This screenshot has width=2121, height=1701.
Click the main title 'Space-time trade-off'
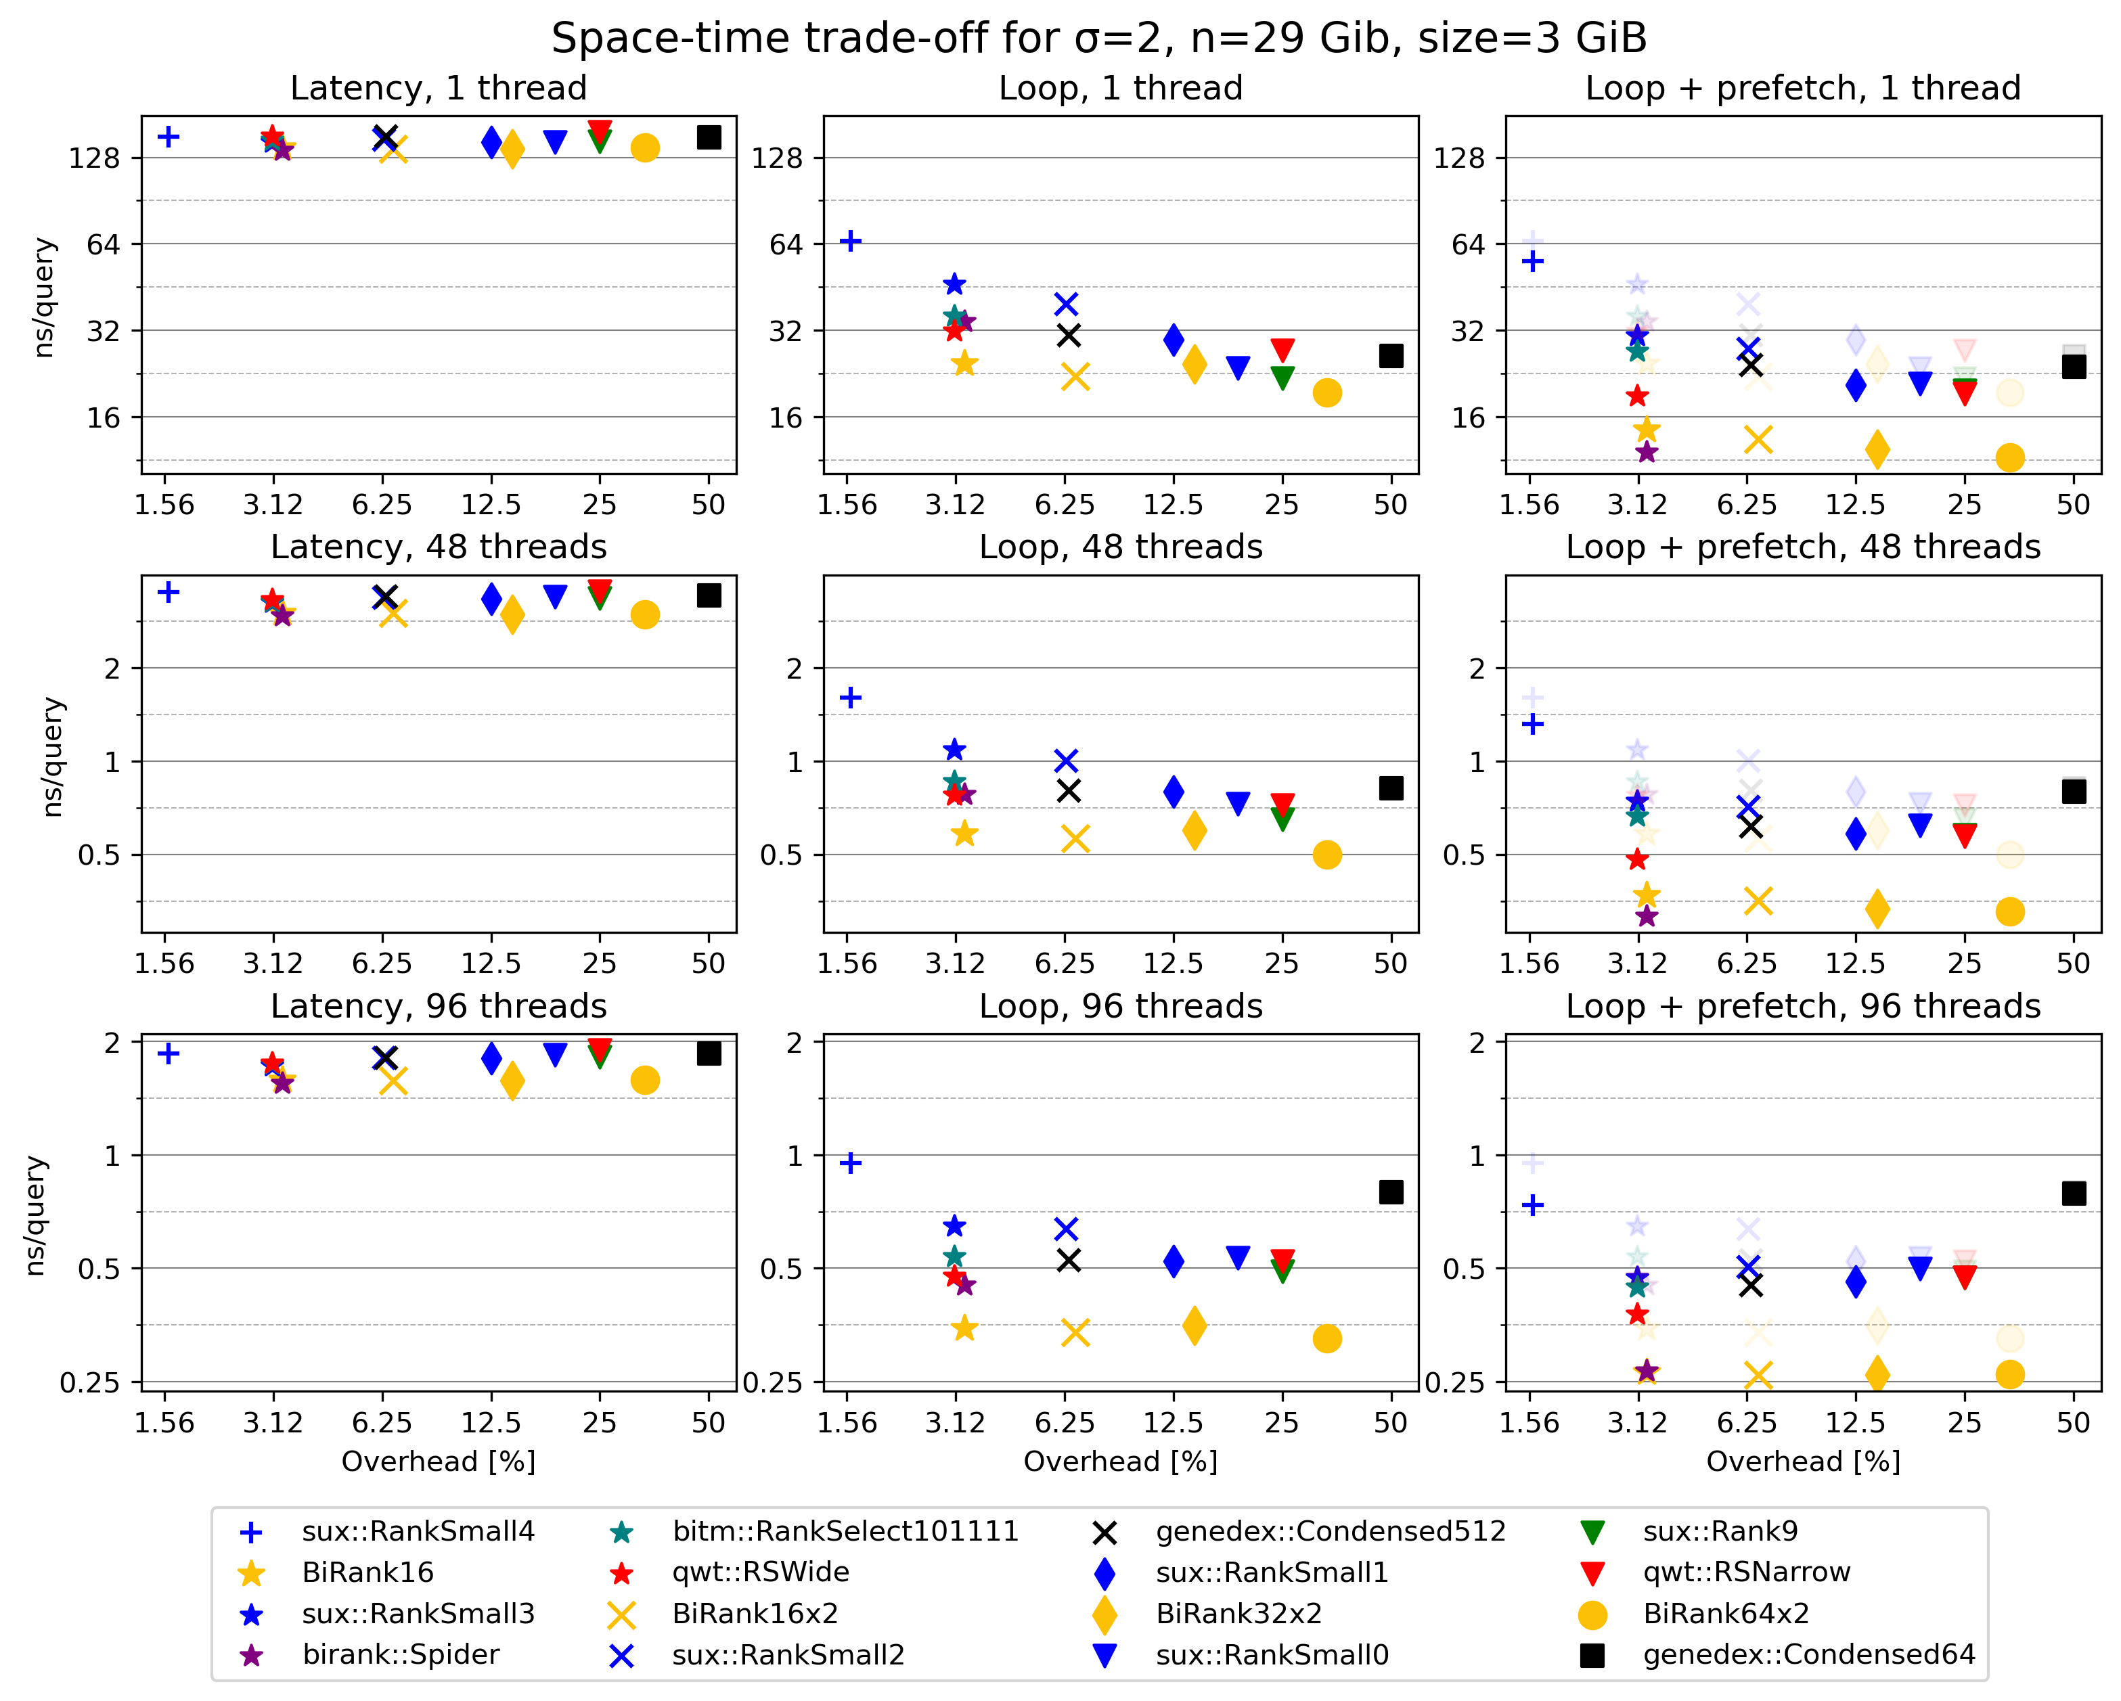click(x=1099, y=39)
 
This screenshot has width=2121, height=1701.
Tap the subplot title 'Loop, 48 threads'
click(x=1121, y=547)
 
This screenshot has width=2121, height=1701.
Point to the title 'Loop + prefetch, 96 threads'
click(x=1803, y=1006)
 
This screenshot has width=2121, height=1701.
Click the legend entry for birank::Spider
click(x=401, y=1655)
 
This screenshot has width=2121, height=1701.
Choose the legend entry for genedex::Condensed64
click(x=1808, y=1655)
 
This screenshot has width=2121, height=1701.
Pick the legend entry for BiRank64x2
click(x=1726, y=1614)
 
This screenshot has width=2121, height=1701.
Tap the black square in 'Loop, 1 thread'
click(x=1390, y=356)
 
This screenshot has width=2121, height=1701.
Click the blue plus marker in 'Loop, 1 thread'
click(x=851, y=241)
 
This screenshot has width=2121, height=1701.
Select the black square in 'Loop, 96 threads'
click(x=1390, y=1192)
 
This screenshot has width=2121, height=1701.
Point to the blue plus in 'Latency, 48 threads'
click(x=169, y=591)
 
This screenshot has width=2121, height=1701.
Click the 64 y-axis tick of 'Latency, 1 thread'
click(x=104, y=244)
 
